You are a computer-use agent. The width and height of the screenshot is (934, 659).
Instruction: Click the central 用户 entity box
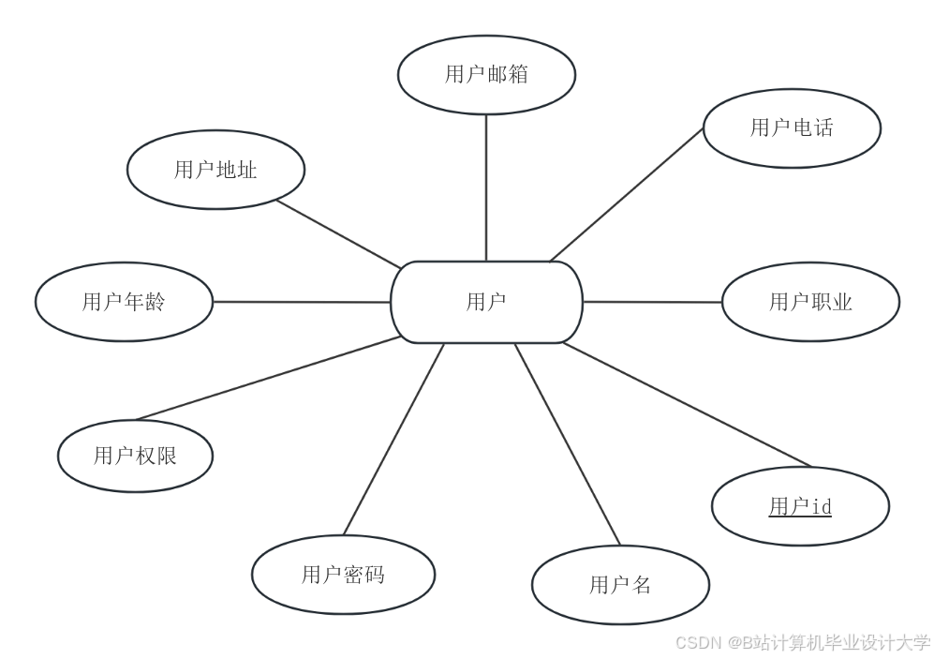(x=486, y=302)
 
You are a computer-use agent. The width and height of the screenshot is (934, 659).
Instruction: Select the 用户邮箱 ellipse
(x=486, y=75)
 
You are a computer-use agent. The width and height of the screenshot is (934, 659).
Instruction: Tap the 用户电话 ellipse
(x=792, y=128)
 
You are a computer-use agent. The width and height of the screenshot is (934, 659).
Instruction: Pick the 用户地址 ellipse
(x=215, y=170)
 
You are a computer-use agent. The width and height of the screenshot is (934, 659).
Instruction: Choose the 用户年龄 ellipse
(x=124, y=302)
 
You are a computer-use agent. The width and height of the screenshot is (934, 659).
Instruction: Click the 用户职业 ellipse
(x=810, y=302)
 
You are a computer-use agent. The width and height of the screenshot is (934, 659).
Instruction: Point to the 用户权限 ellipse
(x=135, y=456)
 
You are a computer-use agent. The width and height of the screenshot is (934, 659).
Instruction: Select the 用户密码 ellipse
(x=343, y=575)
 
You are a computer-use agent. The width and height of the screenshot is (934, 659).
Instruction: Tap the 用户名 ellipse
(x=620, y=585)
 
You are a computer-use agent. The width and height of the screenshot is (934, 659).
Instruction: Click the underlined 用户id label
(x=800, y=507)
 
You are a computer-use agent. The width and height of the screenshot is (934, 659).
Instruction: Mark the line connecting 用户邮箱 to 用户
(x=486, y=187)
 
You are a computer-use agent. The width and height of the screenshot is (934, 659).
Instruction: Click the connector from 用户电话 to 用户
(x=626, y=195)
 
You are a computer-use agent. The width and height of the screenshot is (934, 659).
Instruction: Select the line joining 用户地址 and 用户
(x=339, y=234)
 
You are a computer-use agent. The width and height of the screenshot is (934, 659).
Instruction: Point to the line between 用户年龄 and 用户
(x=302, y=302)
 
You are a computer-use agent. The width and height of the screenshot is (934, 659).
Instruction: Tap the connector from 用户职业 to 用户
(x=652, y=302)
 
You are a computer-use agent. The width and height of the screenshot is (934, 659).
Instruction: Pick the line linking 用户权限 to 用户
(x=269, y=378)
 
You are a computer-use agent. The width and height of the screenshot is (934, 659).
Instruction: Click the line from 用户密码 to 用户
(x=393, y=439)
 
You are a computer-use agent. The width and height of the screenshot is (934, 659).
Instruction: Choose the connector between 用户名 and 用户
(x=568, y=444)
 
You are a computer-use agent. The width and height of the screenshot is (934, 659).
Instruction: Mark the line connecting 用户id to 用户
(x=687, y=404)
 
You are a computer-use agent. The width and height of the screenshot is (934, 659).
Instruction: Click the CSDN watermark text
(x=802, y=643)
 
